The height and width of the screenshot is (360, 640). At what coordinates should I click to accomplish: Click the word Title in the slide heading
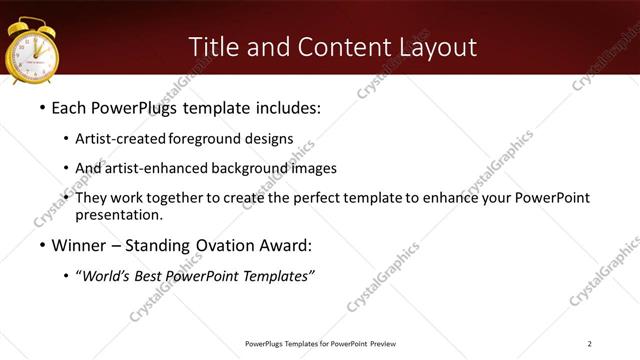pos(213,47)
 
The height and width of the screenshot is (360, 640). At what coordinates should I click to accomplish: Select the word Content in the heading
pos(330,47)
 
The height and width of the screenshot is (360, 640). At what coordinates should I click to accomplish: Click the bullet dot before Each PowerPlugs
pos(41,106)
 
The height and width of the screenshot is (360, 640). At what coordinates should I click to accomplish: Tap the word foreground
pos(208,139)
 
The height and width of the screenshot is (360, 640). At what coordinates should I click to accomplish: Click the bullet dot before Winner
pos(41,245)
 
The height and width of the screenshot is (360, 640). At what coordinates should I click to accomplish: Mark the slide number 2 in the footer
pos(590,344)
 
